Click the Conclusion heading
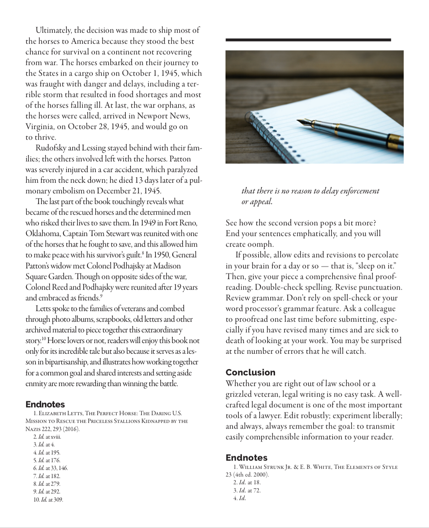pos(250,372)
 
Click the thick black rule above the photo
pos(308,40)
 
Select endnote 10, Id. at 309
pos(48,499)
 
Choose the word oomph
pos(260,244)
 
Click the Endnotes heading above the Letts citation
pos(45,404)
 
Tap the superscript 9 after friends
pos(101,296)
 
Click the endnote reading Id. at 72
pos(247,490)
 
